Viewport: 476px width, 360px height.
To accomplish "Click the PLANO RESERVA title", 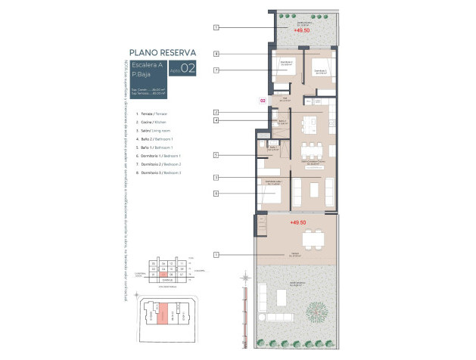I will click(x=163, y=52).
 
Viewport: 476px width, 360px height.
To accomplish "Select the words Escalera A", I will click(x=148, y=65).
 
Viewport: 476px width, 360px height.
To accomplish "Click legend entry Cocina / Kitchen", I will click(x=148, y=122).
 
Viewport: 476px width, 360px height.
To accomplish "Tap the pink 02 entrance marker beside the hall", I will click(x=263, y=100).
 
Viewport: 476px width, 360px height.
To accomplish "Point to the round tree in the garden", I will click(x=316, y=310).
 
